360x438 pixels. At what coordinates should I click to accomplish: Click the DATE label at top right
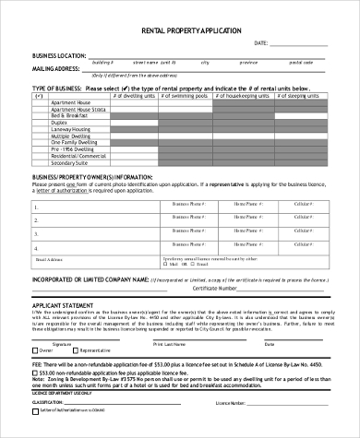point(261,43)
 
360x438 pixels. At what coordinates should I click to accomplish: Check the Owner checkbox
point(34,351)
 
